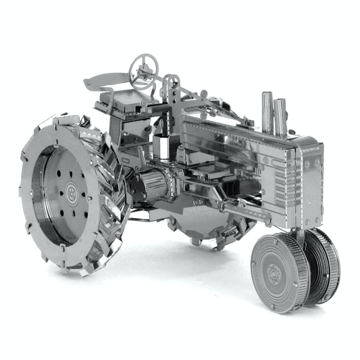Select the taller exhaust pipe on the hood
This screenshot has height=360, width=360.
(x=267, y=111)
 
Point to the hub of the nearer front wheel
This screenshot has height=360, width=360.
(x=274, y=273)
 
